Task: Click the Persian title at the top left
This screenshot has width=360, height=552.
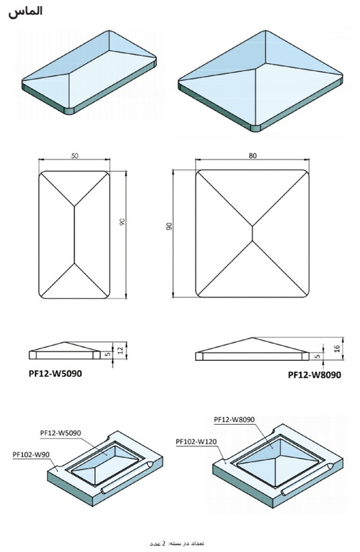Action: point(26,11)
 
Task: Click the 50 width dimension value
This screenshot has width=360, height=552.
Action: point(75,156)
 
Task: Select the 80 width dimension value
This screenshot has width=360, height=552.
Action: point(252,156)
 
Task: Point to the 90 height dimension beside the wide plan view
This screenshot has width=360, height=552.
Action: point(169,226)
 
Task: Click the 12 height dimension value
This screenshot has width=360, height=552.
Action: point(120,350)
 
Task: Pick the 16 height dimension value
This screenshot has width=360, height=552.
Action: point(336,349)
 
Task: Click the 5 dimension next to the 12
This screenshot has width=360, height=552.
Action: point(108,355)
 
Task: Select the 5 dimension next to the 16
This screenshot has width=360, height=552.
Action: point(318,356)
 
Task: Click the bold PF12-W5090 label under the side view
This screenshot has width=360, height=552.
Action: point(55,374)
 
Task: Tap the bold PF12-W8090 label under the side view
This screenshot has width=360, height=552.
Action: point(315,375)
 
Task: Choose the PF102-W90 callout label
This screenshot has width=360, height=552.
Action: point(31,454)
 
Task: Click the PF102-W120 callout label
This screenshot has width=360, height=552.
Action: point(196,442)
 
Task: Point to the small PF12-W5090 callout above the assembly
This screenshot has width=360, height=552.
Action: point(61,433)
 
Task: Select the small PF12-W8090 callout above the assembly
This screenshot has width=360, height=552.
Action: point(234,419)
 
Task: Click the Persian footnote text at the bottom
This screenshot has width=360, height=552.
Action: point(177,543)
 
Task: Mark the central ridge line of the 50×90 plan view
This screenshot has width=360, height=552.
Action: point(74,234)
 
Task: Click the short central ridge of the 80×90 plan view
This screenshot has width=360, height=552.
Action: point(252,233)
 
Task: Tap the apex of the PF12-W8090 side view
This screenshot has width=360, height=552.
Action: point(252,339)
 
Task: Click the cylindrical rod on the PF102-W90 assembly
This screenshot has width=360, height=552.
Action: point(126,477)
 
